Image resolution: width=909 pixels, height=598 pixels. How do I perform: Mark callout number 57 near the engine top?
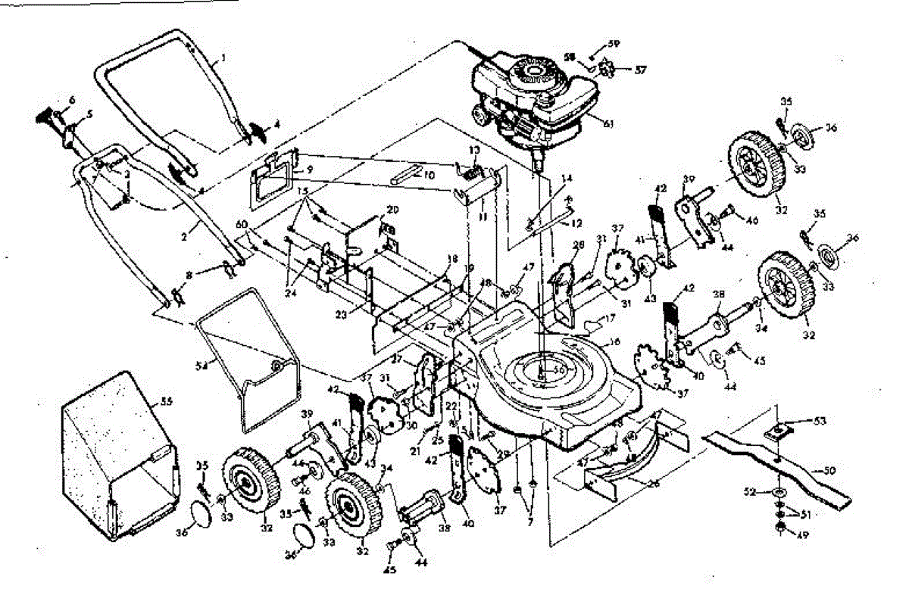[641, 70]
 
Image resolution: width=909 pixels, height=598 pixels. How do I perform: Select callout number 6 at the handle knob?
[73, 100]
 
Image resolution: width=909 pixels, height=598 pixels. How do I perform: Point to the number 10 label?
[430, 175]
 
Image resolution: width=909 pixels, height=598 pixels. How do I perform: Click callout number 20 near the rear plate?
[392, 209]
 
